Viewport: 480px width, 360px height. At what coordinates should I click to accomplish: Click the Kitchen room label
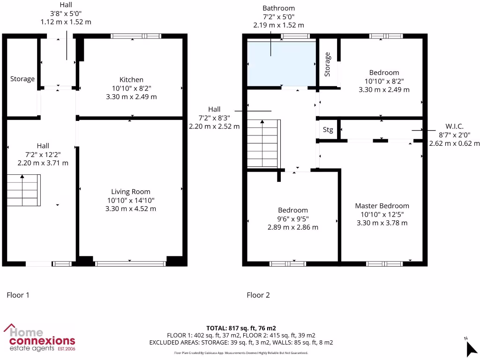(x=131, y=80)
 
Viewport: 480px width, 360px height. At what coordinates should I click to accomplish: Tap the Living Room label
(x=131, y=191)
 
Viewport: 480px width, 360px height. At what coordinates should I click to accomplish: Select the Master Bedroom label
(x=382, y=206)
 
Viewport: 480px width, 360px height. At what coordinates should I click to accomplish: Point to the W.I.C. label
(x=454, y=127)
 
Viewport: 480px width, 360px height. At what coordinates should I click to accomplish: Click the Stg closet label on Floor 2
(x=328, y=130)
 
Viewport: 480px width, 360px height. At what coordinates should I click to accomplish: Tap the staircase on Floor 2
(x=264, y=144)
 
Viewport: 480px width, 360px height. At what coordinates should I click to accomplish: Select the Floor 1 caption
(x=18, y=295)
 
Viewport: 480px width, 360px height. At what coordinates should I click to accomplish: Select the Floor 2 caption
(x=258, y=295)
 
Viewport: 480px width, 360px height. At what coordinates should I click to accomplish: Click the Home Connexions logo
(x=39, y=337)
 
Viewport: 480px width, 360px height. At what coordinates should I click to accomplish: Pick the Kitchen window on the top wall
(x=136, y=36)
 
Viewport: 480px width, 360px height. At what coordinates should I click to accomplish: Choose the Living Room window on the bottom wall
(x=130, y=264)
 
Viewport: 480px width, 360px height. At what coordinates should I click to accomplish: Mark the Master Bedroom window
(x=384, y=264)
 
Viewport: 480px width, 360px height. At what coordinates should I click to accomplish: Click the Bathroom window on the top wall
(x=295, y=36)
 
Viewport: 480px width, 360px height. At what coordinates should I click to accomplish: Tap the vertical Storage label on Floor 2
(x=327, y=64)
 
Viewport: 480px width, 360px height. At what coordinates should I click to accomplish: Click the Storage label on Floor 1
(x=22, y=79)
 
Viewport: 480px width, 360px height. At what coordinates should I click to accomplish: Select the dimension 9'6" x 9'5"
(x=293, y=218)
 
